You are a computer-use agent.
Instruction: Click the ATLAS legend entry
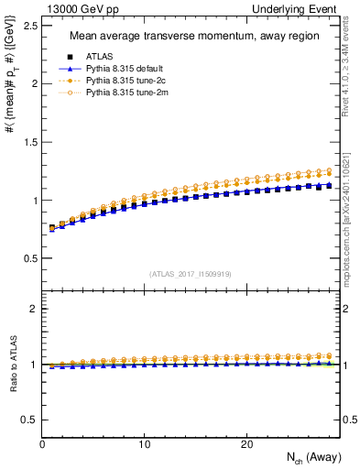(99, 58)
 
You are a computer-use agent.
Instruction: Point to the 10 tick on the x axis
(144, 444)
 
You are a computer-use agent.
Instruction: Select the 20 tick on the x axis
(245, 444)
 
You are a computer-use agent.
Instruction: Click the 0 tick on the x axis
(43, 444)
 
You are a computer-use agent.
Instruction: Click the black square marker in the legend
(70, 58)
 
